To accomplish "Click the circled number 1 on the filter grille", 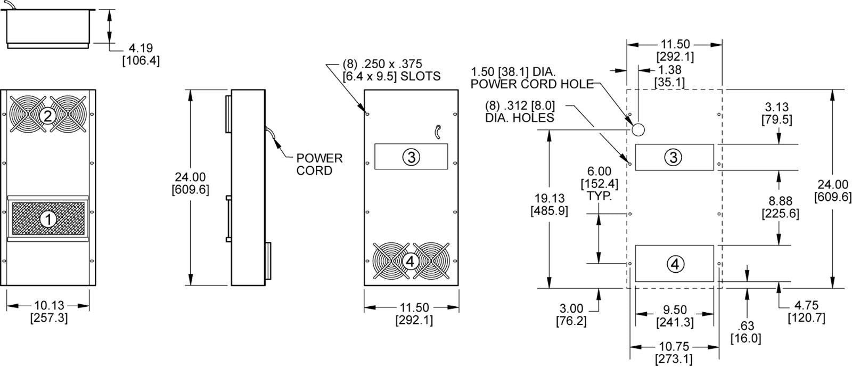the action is coord(48,219).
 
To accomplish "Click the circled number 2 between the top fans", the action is coord(47,116).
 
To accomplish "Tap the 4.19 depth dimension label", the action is coord(141,54).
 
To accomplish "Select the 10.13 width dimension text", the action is coord(49,312).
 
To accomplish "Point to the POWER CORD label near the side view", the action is coord(319,164).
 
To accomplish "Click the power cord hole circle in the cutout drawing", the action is coord(638,129).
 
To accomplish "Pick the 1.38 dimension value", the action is coord(669,76).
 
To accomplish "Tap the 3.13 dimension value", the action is coord(777,113).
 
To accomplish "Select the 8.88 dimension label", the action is coord(781,207).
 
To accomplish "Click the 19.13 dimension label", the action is coord(550,204).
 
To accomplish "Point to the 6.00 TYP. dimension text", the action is coord(600,183).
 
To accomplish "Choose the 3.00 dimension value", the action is coord(571,314).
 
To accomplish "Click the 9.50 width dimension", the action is coord(675,316).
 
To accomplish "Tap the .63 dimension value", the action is coord(746,332).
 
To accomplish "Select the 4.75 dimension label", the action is coord(806,312).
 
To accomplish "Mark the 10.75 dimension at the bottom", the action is coord(674,353).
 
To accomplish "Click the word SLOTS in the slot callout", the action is coord(420,76).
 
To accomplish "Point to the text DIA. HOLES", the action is coord(520,118).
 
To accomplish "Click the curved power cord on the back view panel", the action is coord(438,132).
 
